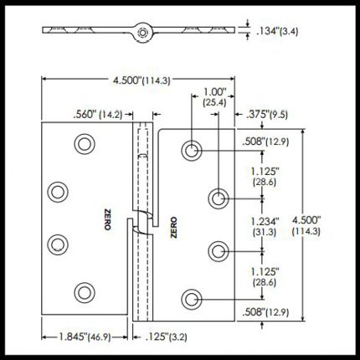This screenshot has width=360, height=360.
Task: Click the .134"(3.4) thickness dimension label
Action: (x=277, y=31)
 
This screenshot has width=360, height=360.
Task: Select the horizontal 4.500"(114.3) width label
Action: (x=141, y=80)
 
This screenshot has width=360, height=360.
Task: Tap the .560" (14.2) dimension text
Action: (x=98, y=115)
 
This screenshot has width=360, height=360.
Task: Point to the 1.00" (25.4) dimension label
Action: (x=214, y=97)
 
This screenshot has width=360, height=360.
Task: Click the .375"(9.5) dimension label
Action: (x=267, y=115)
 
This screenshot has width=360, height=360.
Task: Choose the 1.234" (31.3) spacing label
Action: (x=265, y=227)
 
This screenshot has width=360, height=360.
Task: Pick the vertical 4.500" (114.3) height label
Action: (x=306, y=225)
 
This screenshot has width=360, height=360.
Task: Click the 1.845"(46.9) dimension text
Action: (x=85, y=337)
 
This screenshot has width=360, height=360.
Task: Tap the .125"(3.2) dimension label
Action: (x=166, y=337)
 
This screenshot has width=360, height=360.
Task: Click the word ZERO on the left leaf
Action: (x=107, y=219)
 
